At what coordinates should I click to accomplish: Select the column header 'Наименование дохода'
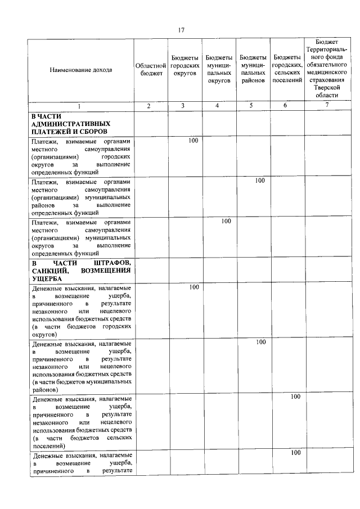pos(80,70)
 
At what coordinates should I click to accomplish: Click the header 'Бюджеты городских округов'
pos(185,66)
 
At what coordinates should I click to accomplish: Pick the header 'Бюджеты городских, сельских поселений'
pos(287,70)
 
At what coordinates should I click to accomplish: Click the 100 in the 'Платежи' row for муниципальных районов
pos(260,181)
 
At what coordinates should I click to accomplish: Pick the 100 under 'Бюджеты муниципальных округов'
pos(226,221)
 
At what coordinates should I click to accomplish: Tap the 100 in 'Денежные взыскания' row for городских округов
pos(193,287)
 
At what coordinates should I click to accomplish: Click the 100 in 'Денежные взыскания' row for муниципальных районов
pos(260,342)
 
